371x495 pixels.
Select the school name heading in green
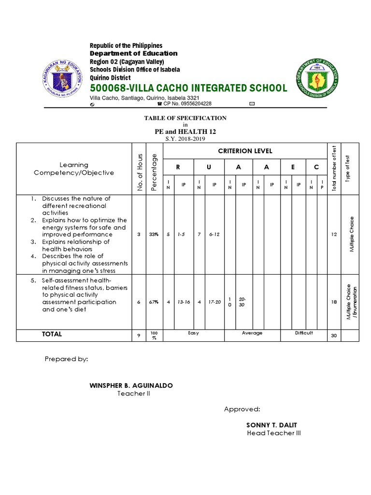(x=188, y=88)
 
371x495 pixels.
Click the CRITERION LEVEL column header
(x=245, y=151)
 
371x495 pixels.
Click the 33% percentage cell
(x=154, y=234)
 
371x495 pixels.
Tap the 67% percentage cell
(x=154, y=302)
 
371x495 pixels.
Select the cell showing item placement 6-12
(x=214, y=234)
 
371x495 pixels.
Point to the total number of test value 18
(x=333, y=302)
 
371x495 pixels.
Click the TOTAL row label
(x=52, y=334)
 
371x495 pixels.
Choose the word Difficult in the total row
(x=304, y=333)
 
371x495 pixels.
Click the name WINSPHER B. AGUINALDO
(x=131, y=385)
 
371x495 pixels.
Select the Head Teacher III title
(x=273, y=433)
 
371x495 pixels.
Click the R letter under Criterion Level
(x=177, y=167)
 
